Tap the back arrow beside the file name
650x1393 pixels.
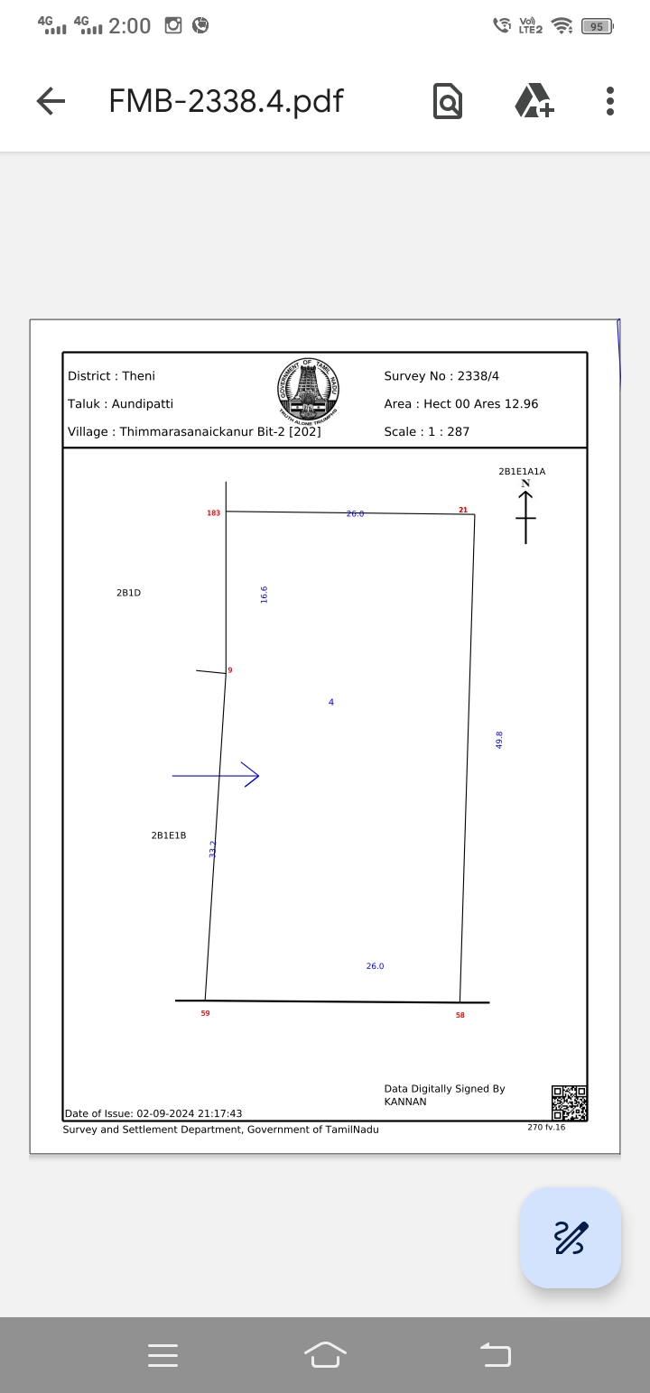(51, 101)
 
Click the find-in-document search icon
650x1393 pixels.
(448, 101)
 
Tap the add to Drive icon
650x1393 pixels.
(534, 101)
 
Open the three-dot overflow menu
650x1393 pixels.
(610, 101)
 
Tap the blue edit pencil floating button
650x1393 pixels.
(571, 1238)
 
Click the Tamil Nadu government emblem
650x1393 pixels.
(308, 393)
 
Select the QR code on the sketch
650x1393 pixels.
(569, 1103)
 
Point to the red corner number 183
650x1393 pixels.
(213, 513)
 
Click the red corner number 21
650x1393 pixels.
(463, 511)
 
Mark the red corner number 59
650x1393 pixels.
(205, 1013)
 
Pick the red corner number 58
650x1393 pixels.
(460, 1015)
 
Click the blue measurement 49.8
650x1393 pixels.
(499, 740)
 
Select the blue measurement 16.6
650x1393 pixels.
(265, 595)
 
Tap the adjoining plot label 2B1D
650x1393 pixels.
(128, 593)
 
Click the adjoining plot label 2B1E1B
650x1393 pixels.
(169, 835)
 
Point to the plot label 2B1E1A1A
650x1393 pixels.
(522, 472)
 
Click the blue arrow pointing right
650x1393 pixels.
(217, 775)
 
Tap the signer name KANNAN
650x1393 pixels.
(405, 1102)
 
